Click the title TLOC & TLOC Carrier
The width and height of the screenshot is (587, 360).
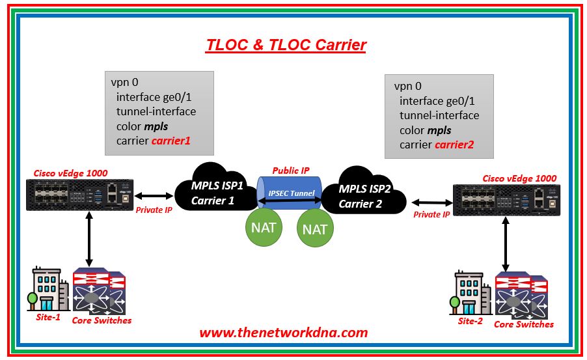click(x=286, y=45)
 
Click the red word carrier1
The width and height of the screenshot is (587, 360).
click(x=171, y=141)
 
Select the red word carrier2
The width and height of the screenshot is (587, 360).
click(x=454, y=144)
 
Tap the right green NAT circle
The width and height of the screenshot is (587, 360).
click(x=314, y=228)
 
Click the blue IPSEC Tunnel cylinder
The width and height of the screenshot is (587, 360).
click(x=290, y=193)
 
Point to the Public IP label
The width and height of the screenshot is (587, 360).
click(x=291, y=171)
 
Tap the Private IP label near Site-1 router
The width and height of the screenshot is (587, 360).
click(x=154, y=210)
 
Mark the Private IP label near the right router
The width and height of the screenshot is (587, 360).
click(x=432, y=214)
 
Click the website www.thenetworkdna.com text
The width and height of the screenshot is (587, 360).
click(x=283, y=332)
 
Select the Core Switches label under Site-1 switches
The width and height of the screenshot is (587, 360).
click(x=102, y=320)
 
